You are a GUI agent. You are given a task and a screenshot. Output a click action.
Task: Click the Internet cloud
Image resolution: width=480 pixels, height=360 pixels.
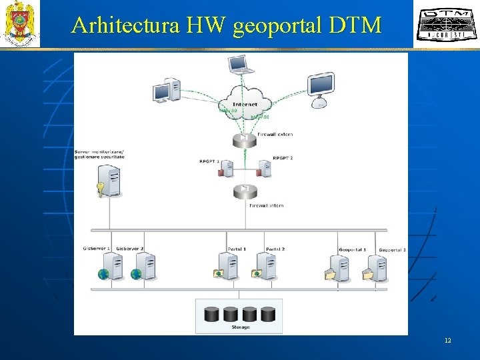(x=245, y=102)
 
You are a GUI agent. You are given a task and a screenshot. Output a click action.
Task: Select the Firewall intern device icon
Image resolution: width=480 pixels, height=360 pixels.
(x=245, y=191)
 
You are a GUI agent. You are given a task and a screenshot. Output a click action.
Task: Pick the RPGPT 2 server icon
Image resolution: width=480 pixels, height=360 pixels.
(x=265, y=169)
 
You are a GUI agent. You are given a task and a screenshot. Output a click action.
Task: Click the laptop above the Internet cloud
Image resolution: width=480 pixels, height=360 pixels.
(x=240, y=65)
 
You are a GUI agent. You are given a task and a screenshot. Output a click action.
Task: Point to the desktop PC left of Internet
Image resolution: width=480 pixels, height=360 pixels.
(x=166, y=90)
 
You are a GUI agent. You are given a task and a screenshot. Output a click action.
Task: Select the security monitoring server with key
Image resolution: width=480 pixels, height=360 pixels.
(x=110, y=180)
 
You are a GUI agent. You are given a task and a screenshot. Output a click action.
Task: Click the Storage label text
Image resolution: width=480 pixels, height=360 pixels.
(x=241, y=327)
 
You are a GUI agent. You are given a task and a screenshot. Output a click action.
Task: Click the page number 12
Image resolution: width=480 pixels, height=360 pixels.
(x=447, y=341)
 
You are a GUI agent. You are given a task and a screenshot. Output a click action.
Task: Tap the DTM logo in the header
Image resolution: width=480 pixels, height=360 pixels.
(x=441, y=25)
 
